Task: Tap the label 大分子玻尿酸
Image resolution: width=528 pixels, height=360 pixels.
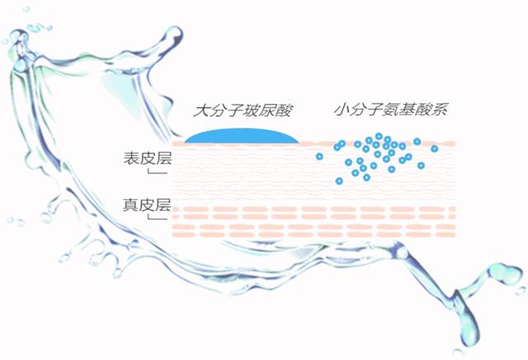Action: [241, 109]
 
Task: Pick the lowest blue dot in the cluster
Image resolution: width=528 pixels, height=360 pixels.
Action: [338, 180]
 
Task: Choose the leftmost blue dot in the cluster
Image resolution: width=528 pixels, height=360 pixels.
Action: [319, 155]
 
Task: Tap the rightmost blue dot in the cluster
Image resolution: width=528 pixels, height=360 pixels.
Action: [435, 149]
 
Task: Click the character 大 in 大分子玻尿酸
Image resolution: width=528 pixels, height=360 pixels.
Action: [199, 109]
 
